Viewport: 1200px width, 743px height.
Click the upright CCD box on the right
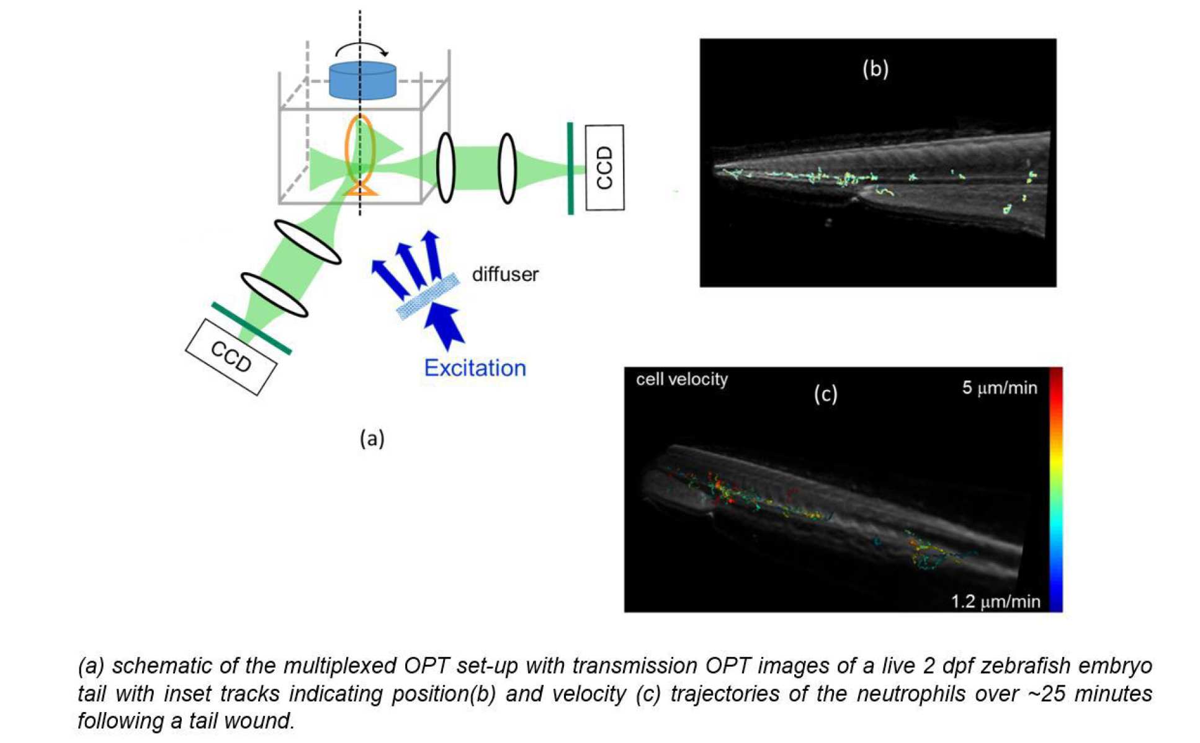click(604, 167)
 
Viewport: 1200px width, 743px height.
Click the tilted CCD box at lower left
click(231, 357)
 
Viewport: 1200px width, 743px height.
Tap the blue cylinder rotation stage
click(362, 80)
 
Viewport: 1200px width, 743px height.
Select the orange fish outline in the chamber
click(360, 155)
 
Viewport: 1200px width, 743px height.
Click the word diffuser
click(505, 274)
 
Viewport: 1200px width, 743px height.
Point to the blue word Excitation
click(475, 368)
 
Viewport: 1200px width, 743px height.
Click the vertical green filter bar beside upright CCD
click(570, 168)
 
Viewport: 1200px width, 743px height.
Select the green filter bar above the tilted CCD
click(251, 329)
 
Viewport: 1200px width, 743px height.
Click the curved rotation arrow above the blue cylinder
click(362, 49)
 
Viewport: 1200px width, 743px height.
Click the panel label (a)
click(372, 438)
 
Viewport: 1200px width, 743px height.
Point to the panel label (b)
click(875, 68)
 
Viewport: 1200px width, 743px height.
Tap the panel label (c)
click(825, 394)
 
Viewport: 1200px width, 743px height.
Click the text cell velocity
click(681, 379)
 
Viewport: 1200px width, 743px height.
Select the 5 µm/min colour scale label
click(999, 388)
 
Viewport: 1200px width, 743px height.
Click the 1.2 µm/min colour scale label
click(995, 601)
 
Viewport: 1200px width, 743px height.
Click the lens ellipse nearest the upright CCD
click(507, 168)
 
